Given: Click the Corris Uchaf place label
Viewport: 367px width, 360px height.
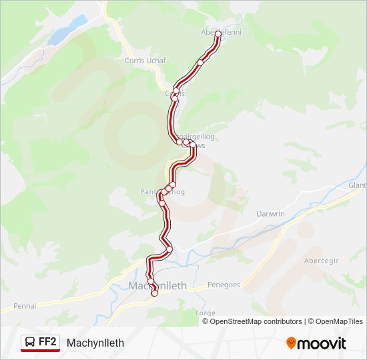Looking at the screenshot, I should pyautogui.click(x=145, y=60).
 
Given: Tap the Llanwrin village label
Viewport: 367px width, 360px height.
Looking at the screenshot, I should pyautogui.click(x=271, y=214).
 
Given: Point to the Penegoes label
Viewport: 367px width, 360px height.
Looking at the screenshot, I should pyautogui.click(x=224, y=285).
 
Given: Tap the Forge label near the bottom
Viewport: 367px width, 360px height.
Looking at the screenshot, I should pyautogui.click(x=206, y=313).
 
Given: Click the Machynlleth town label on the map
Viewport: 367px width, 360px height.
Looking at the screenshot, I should pyautogui.click(x=157, y=285).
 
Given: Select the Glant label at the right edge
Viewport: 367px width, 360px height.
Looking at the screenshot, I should pyautogui.click(x=357, y=185).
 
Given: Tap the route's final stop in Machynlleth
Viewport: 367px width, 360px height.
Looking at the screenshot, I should pyautogui.click(x=155, y=293).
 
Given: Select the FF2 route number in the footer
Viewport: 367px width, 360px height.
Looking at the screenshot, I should pyautogui.click(x=47, y=342).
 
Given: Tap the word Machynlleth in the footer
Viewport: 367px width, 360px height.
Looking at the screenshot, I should pyautogui.click(x=95, y=343).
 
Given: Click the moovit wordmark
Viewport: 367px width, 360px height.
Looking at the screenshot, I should pyautogui.click(x=322, y=343).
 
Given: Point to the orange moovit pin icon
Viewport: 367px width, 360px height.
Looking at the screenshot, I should pyautogui.click(x=291, y=343).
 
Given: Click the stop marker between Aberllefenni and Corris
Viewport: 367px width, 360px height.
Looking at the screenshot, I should pyautogui.click(x=200, y=63).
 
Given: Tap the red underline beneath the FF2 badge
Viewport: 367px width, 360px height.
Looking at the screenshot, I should pyautogui.click(x=40, y=351).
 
